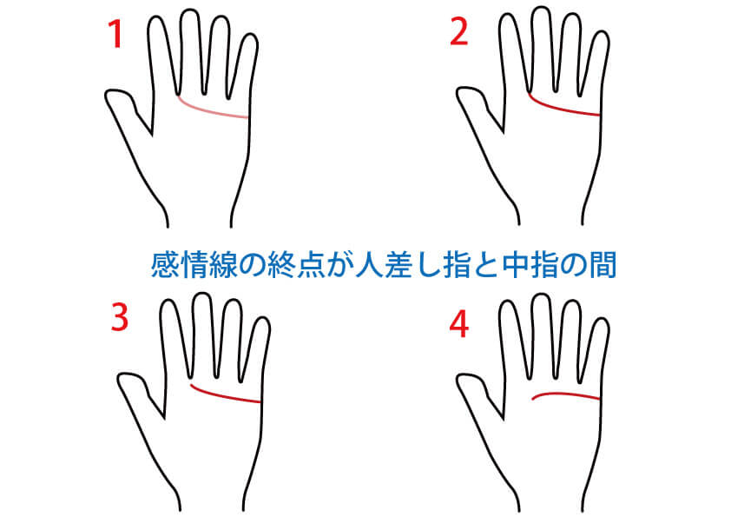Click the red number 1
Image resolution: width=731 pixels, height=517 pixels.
(x=115, y=34)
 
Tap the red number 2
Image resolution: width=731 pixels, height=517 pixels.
(x=458, y=32)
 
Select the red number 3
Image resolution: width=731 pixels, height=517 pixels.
(x=119, y=317)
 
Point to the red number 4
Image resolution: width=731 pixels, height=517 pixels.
(x=458, y=324)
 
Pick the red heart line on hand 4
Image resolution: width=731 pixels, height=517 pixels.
(x=565, y=394)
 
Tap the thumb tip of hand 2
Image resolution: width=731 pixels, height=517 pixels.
(x=459, y=93)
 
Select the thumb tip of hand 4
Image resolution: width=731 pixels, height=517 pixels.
(x=459, y=379)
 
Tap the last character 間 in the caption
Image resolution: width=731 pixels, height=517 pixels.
(x=603, y=264)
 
